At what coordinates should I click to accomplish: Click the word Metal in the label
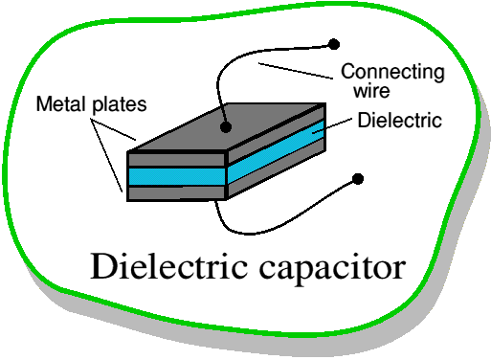61,104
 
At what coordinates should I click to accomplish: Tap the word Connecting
392,73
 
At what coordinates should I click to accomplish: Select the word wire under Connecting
371,91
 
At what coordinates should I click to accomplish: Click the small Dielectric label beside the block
400,121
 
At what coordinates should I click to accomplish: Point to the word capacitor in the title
332,268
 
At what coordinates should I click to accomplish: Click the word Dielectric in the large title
169,266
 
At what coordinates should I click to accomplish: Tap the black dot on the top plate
226,127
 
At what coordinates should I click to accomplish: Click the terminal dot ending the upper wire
334,44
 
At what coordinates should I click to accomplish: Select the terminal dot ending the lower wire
358,179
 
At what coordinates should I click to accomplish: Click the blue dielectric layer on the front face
177,176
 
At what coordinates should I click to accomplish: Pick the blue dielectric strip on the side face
277,151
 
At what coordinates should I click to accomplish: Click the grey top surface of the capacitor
227,127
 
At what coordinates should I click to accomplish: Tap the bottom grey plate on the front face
177,193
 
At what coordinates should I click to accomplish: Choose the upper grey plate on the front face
177,159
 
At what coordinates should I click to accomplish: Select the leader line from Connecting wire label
296,71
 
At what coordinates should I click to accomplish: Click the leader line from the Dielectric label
332,125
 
